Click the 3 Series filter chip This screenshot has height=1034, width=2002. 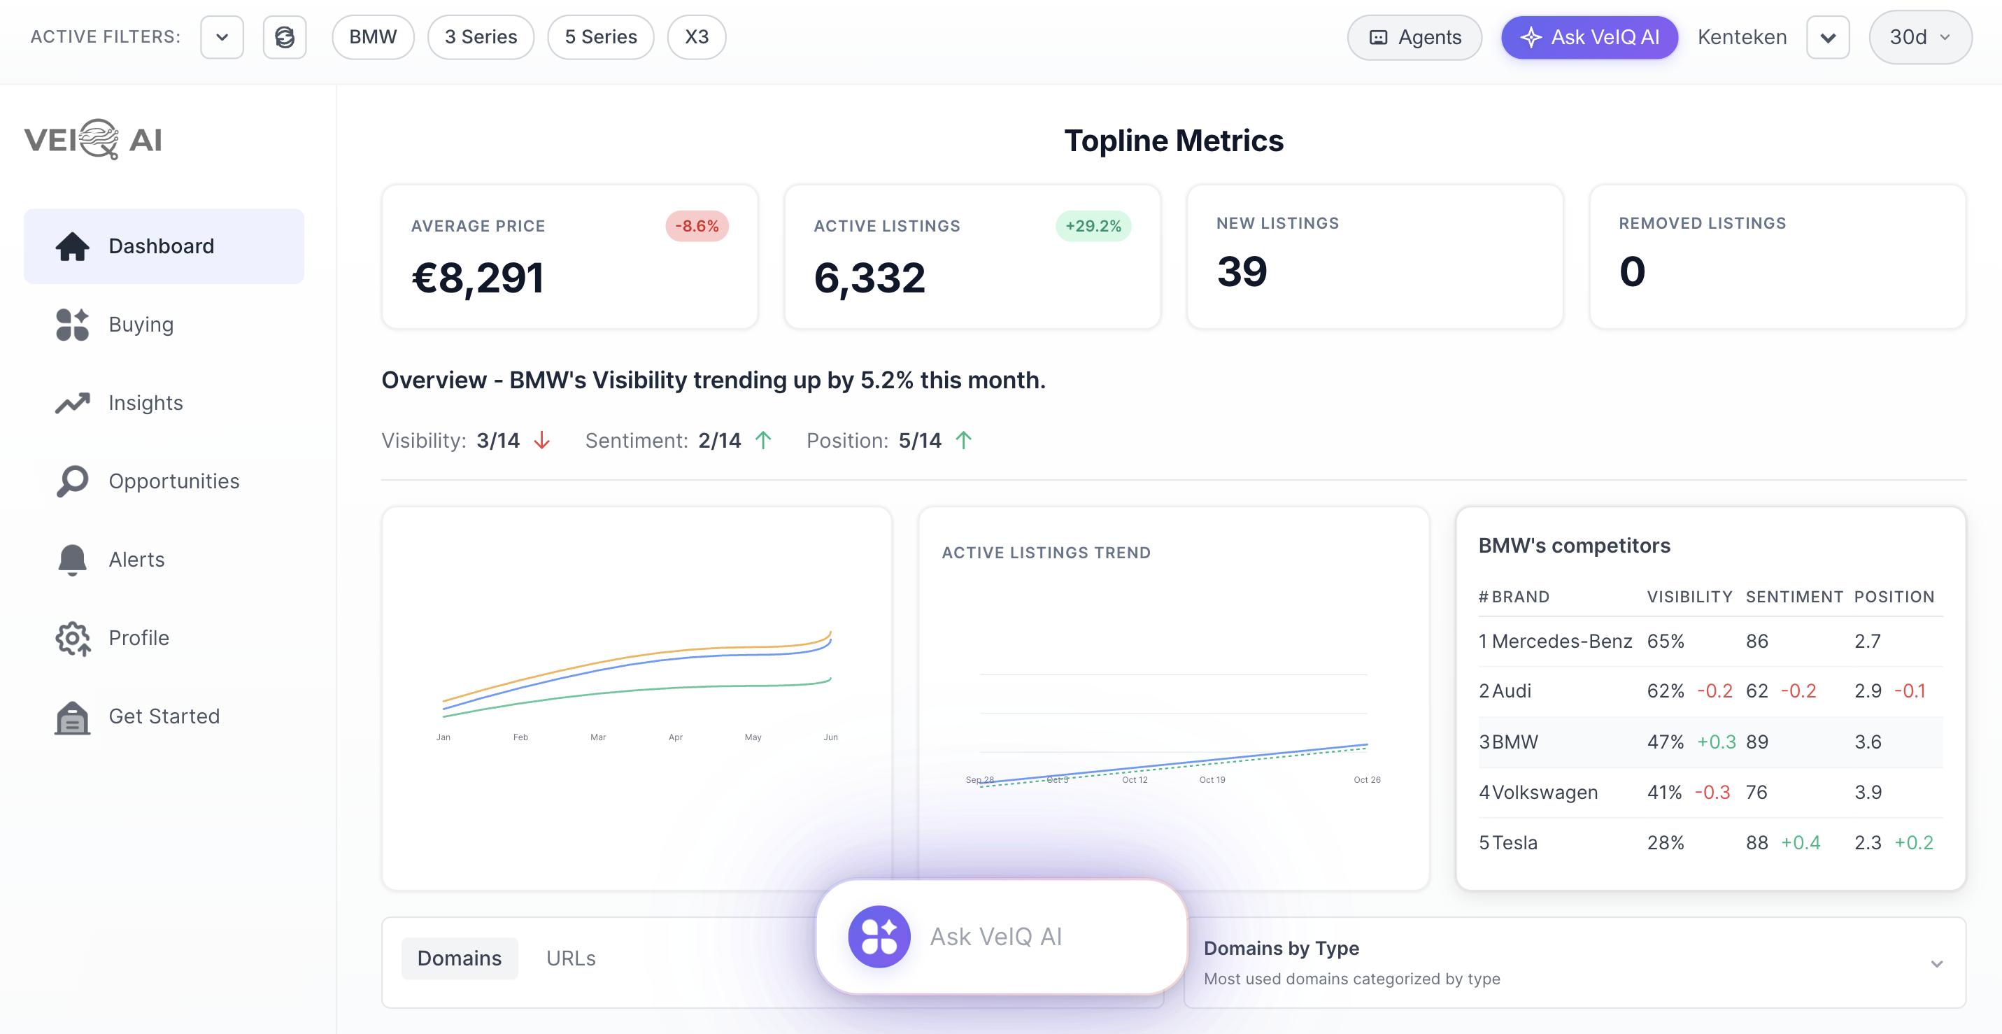click(481, 36)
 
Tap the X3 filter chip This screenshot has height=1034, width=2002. click(695, 36)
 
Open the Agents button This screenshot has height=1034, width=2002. click(1414, 36)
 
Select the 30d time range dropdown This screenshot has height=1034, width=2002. click(1919, 36)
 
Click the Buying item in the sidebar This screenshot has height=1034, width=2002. click(141, 324)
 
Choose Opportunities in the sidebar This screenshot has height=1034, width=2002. click(173, 481)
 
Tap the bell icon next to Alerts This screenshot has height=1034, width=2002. click(72, 560)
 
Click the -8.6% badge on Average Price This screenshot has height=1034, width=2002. click(696, 225)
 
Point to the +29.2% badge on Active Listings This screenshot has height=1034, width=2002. click(1092, 225)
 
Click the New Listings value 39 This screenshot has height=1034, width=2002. click(1241, 271)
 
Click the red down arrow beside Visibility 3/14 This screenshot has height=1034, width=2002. click(541, 441)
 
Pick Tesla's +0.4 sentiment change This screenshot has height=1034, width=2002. click(1800, 843)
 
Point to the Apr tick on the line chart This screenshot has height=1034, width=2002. click(675, 736)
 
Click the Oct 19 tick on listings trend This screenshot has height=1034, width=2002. click(1212, 779)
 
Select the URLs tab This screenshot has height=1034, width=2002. click(570, 958)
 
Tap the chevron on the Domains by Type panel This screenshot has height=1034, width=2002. click(1936, 963)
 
